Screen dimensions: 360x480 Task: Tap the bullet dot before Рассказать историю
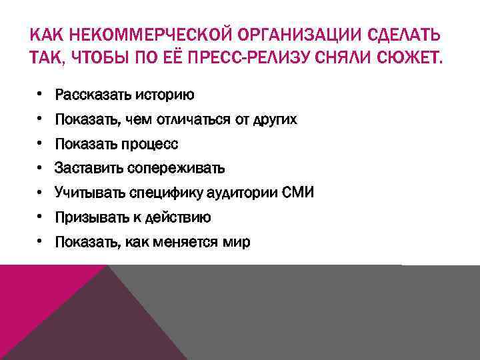(x=40, y=95)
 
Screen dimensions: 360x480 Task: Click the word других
(x=274, y=120)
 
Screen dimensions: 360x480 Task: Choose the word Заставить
(x=83, y=169)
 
